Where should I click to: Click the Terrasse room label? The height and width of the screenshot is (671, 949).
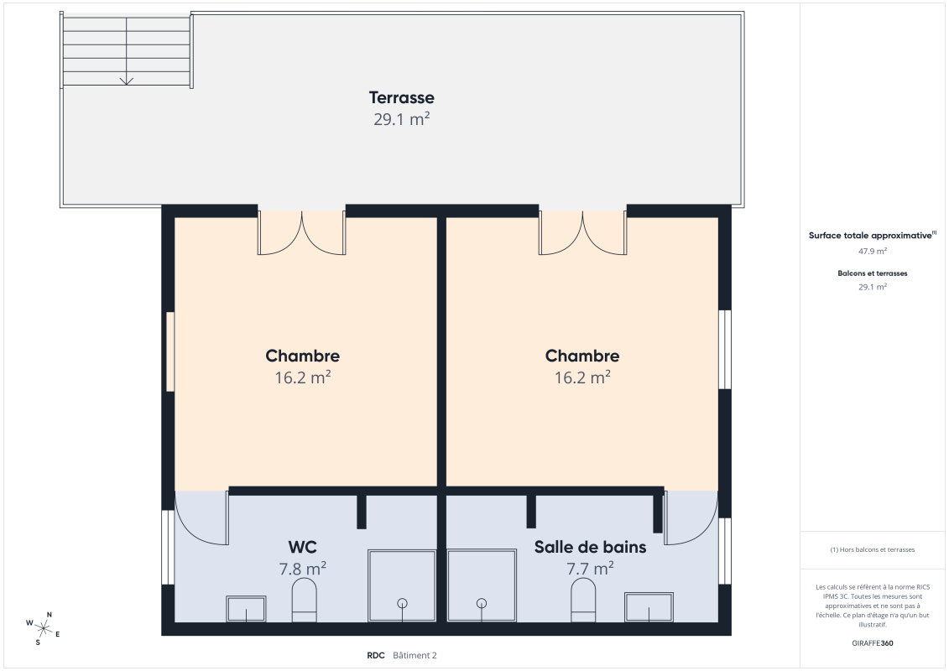click(x=401, y=98)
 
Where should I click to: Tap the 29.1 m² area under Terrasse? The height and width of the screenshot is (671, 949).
click(x=401, y=119)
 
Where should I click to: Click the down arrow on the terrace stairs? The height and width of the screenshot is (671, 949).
click(x=127, y=81)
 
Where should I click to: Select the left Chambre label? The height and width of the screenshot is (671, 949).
click(x=302, y=356)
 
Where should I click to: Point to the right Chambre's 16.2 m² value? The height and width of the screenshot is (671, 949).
click(x=581, y=377)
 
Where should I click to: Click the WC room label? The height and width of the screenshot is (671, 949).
click(x=302, y=547)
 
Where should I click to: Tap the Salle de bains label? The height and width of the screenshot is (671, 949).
click(x=590, y=547)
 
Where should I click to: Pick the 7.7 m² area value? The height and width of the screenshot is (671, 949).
click(x=590, y=569)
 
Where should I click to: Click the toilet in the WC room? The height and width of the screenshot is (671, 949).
click(x=304, y=603)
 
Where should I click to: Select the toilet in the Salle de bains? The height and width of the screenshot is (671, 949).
click(x=583, y=603)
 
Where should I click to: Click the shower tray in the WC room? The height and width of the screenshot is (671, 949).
click(x=402, y=585)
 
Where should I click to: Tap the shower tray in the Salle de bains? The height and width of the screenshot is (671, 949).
click(x=481, y=585)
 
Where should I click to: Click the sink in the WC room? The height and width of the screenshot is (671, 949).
click(x=246, y=608)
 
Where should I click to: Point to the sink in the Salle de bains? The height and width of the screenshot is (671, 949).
click(x=649, y=606)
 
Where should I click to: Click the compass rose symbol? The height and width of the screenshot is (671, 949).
click(x=43, y=627)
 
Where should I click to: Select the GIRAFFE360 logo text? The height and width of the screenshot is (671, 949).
click(x=872, y=643)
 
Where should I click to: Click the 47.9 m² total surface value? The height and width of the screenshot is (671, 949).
click(x=872, y=251)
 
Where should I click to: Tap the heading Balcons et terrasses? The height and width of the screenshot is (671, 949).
click(x=872, y=273)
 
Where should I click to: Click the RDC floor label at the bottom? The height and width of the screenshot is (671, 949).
click(x=375, y=656)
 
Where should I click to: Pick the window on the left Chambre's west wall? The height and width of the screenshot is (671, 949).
click(x=169, y=351)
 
